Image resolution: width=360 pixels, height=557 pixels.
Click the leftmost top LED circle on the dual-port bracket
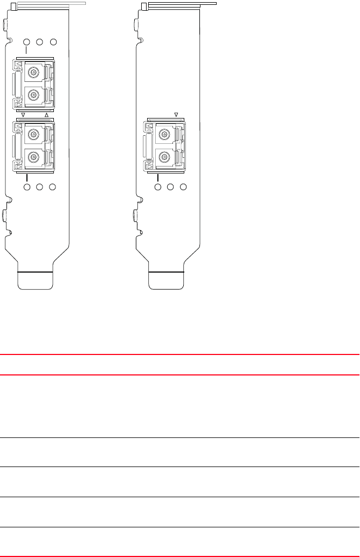click(26, 43)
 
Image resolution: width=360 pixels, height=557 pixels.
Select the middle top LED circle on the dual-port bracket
click(39, 43)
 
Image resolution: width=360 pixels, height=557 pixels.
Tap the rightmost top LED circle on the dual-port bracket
click(53, 43)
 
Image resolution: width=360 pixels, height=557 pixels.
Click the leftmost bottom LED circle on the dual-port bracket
click(26, 187)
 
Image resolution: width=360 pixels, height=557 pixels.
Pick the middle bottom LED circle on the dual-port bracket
click(39, 187)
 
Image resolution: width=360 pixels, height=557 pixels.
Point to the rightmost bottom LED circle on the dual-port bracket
click(53, 187)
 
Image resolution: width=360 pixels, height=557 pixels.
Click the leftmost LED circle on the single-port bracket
click(157, 187)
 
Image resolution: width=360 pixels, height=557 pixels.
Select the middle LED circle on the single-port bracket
click(170, 187)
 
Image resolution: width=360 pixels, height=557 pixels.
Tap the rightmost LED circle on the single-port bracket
click(183, 187)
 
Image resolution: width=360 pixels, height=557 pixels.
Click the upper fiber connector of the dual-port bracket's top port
click(34, 71)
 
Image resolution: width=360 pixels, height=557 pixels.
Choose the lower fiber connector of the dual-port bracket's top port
click(34, 95)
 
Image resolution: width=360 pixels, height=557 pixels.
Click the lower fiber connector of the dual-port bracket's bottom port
click(34, 158)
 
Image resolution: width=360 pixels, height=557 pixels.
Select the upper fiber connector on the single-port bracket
click(165, 133)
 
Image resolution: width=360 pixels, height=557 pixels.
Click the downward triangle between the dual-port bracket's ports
click(24, 115)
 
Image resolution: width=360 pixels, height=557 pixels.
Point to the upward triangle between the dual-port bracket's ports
click(46, 115)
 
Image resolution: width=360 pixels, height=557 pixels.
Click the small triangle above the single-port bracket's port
click(176, 114)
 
